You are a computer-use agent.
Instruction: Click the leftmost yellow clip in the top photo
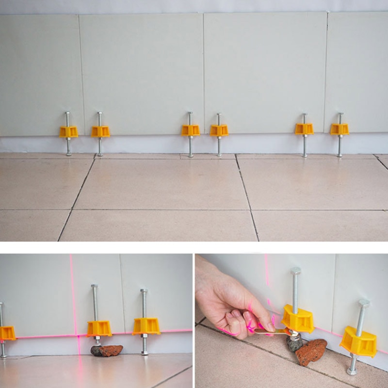68,132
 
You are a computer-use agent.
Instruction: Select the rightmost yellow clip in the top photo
339,129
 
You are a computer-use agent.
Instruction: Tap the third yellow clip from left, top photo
191,130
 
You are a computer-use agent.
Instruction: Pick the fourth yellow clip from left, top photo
219,130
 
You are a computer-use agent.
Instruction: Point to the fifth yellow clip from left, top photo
304,129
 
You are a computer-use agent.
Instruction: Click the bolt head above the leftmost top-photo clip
67,113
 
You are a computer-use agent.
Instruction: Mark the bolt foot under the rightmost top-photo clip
339,155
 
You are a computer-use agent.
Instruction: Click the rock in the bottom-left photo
107,350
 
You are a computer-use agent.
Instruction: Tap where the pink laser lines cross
78,335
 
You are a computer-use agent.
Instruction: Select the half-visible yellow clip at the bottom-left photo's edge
6,333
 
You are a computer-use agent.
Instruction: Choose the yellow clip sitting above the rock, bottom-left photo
99,328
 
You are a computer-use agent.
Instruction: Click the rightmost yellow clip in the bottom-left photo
146,326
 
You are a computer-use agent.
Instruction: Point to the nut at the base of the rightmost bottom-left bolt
144,353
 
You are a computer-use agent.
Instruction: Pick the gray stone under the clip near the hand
294,343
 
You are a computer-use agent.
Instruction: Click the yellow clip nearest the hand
298,318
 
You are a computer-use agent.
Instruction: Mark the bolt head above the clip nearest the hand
296,271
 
